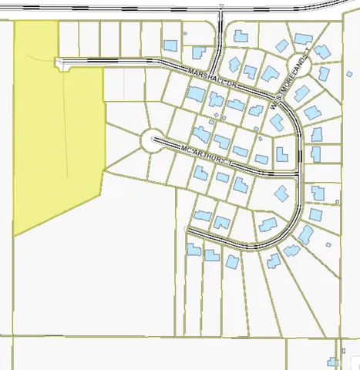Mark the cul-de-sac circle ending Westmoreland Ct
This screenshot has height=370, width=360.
(x=298, y=67)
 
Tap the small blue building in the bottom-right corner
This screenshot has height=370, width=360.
(x=332, y=362)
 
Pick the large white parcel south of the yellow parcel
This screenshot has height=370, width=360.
(x=93, y=270)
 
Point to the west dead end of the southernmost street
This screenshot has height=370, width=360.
(x=190, y=229)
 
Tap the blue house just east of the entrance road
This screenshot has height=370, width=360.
(x=241, y=35)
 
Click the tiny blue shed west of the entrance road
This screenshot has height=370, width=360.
(x=186, y=33)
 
